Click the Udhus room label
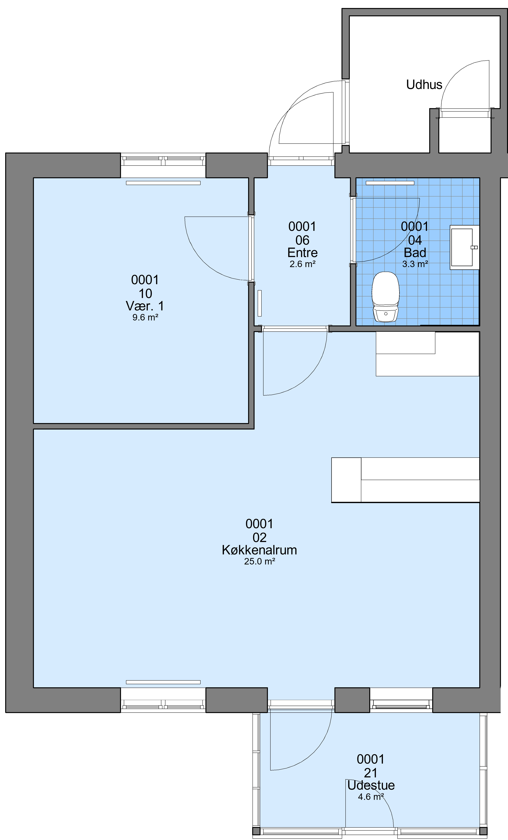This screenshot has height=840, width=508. tap(424, 85)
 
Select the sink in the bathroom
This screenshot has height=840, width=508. tap(464, 247)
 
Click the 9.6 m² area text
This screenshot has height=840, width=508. tap(145, 317)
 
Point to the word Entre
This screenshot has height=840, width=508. tap(302, 253)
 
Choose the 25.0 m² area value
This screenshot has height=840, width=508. tap(259, 561)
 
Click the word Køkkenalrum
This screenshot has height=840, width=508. tap(259, 550)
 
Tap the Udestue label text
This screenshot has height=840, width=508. tap(371, 785)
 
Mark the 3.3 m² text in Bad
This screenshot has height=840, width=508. tap(415, 264)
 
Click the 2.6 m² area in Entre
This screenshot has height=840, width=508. tap(302, 264)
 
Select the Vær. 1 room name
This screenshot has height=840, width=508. tap(145, 306)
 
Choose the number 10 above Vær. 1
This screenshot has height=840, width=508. tap(145, 294)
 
